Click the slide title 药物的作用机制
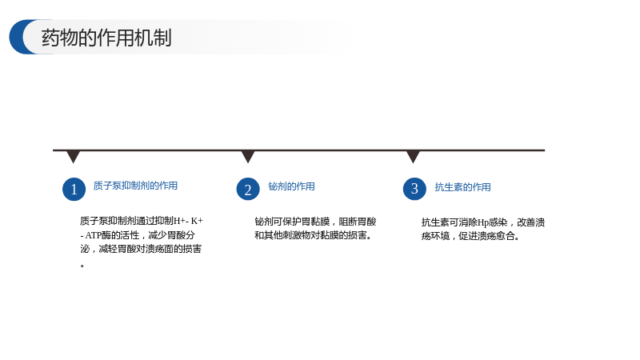click(x=106, y=38)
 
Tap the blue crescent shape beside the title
click(x=17, y=37)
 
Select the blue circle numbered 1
click(x=74, y=190)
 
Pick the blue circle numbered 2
click(x=248, y=190)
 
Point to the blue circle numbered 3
click(x=414, y=189)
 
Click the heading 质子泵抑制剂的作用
click(x=135, y=186)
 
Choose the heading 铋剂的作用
click(x=291, y=186)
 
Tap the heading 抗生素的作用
click(x=462, y=187)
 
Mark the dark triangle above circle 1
click(x=73, y=156)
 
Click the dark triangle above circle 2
click(x=248, y=156)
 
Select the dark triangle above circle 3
click(x=413, y=156)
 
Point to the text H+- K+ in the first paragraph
click(x=189, y=221)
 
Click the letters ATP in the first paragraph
click(x=93, y=235)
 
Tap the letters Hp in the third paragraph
click(x=483, y=223)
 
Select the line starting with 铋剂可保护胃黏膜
click(x=315, y=222)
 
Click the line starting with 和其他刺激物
click(x=313, y=235)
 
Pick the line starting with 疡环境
click(x=470, y=236)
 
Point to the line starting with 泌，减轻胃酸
click(x=141, y=249)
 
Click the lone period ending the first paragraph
click(x=82, y=266)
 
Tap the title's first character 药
click(x=50, y=38)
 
